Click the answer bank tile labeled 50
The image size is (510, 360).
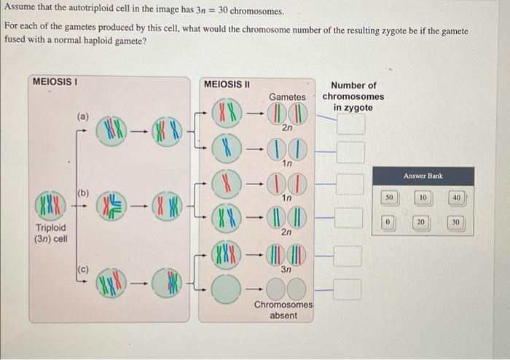(x=389, y=197)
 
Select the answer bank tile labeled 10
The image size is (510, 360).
(x=423, y=197)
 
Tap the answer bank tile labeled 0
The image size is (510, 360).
(x=389, y=222)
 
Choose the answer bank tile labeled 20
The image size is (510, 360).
(x=423, y=222)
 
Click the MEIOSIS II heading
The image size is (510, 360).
(x=227, y=84)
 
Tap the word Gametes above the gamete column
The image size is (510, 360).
(x=288, y=97)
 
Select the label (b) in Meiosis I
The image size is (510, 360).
(x=83, y=192)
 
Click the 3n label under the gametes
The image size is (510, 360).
(x=287, y=269)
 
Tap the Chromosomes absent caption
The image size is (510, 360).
(x=283, y=310)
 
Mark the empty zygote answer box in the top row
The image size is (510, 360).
(x=350, y=123)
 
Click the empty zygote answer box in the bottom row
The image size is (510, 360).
(x=350, y=290)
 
